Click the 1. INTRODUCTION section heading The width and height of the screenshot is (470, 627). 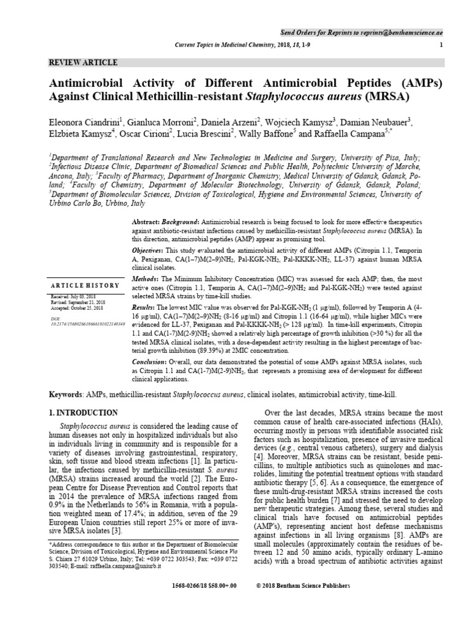[83, 413]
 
